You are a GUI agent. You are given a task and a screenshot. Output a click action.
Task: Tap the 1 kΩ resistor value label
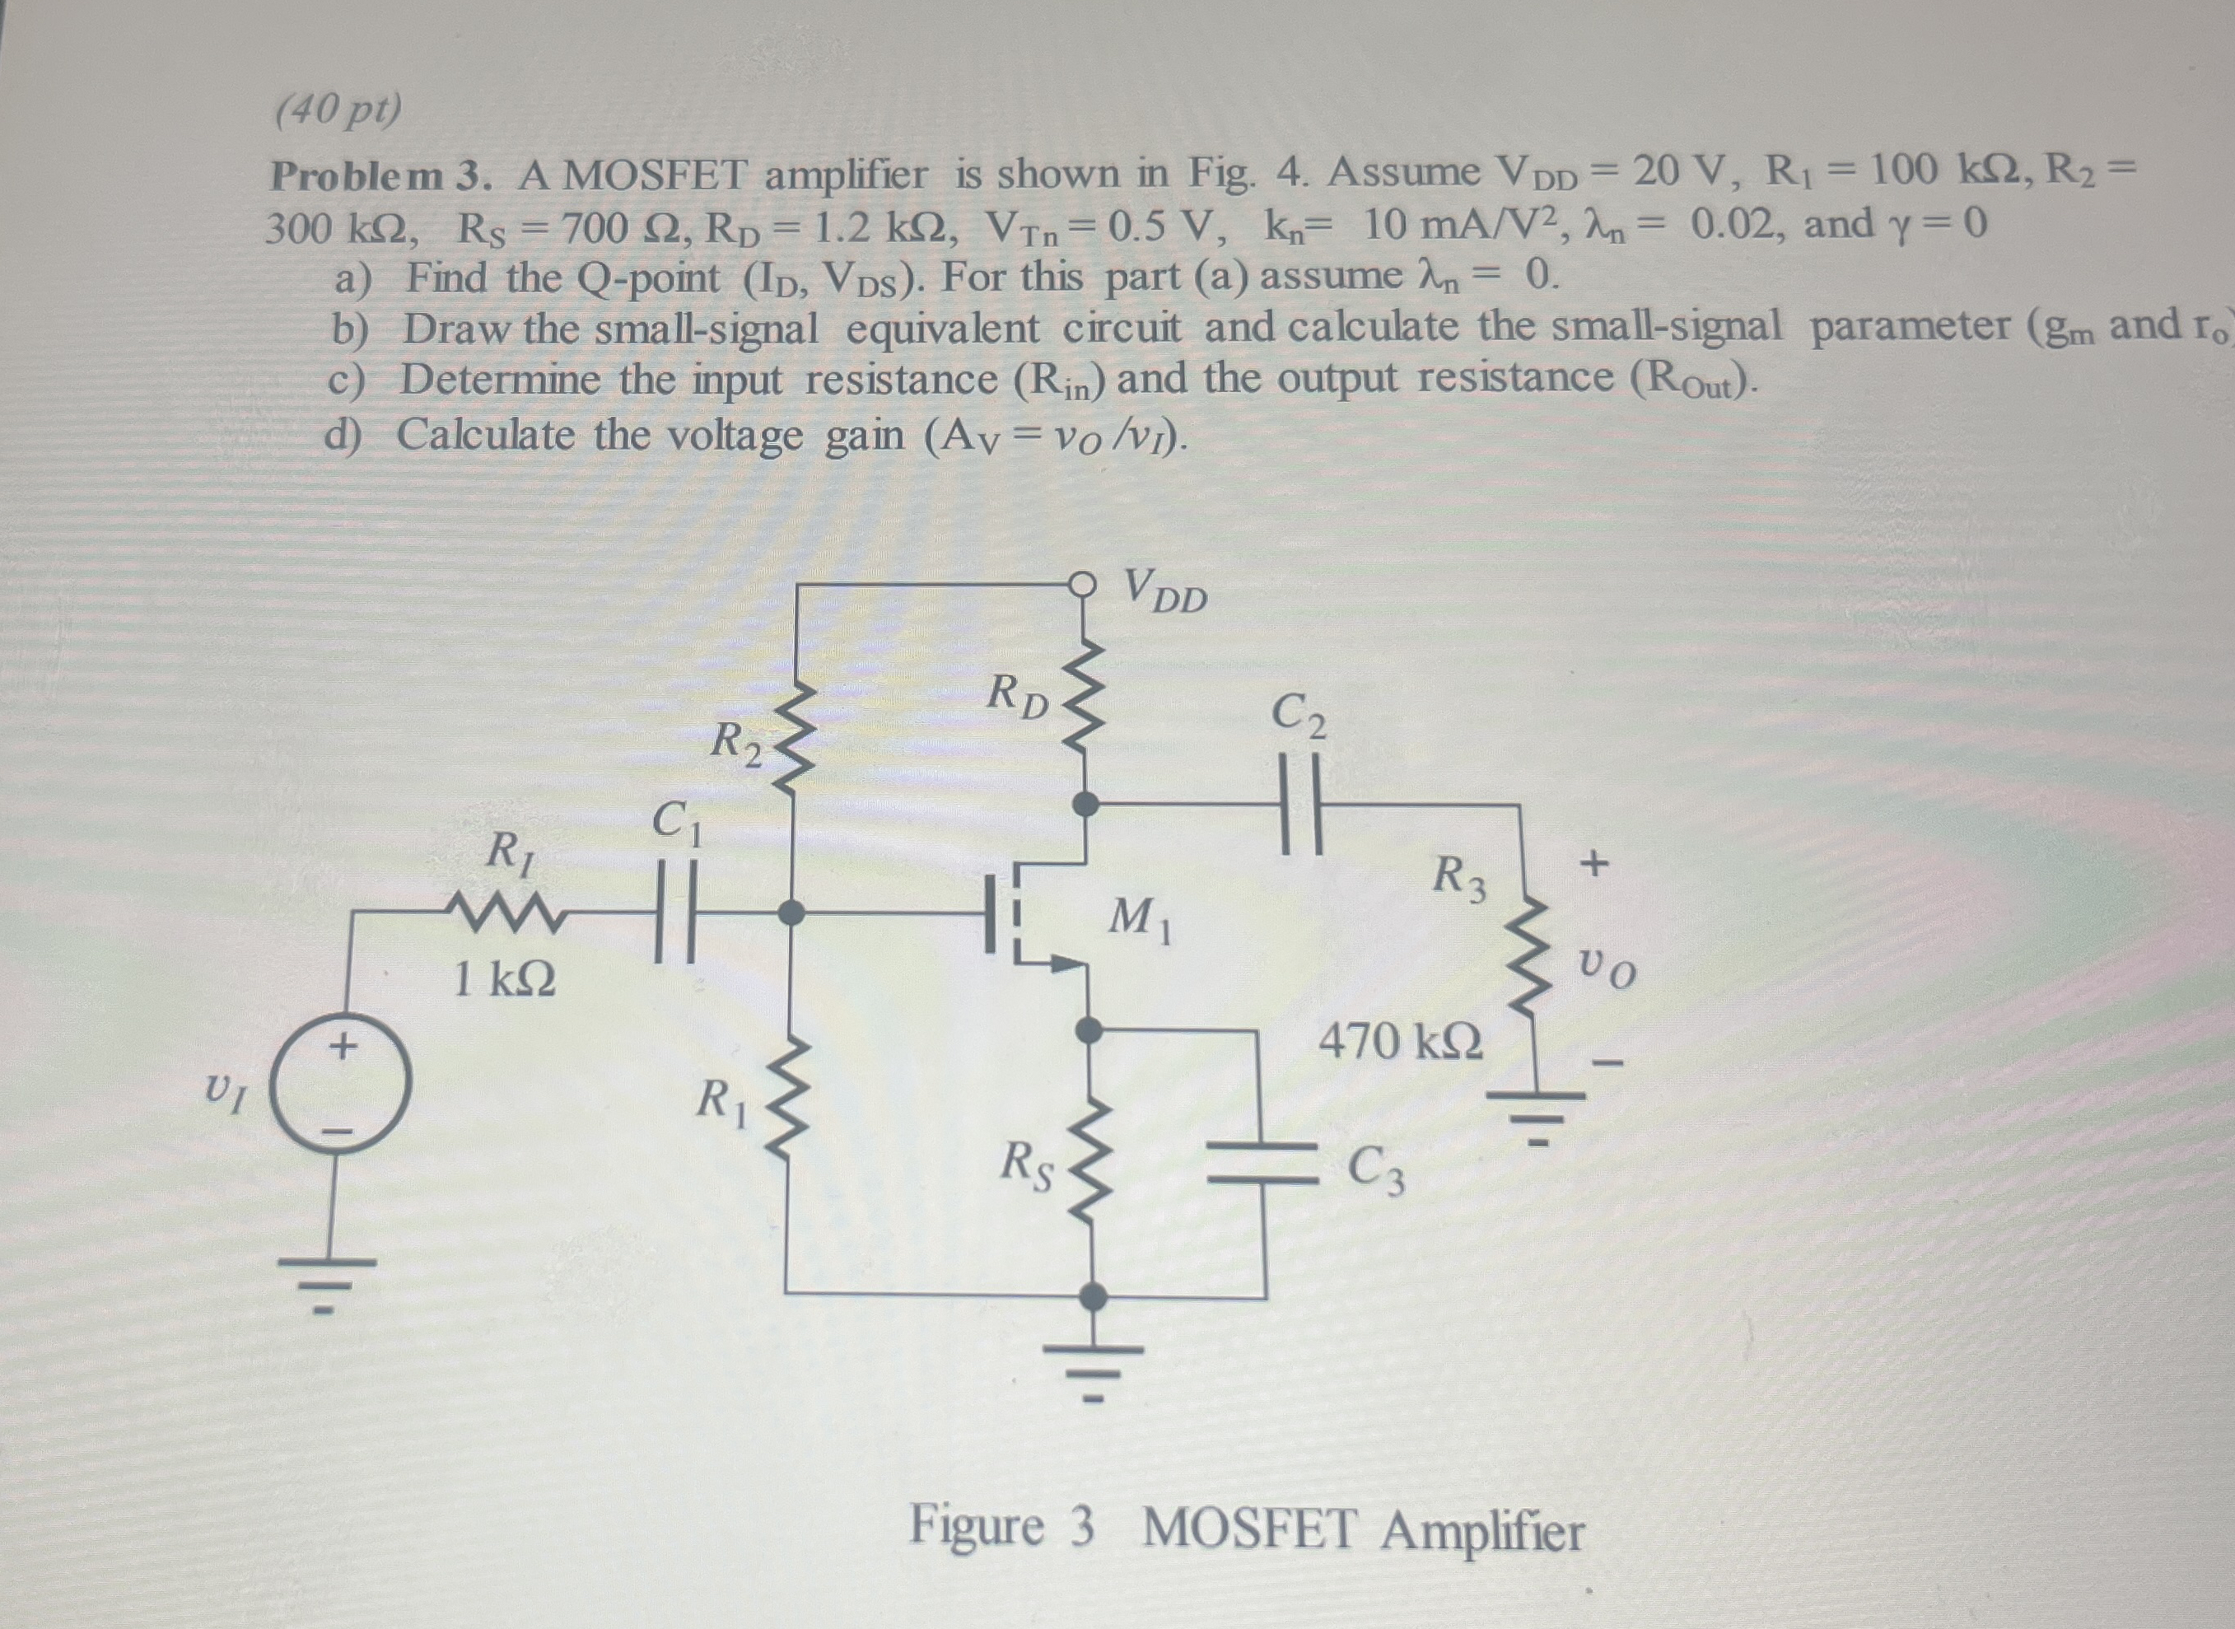504,980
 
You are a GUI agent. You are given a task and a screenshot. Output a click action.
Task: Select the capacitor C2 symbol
1300,804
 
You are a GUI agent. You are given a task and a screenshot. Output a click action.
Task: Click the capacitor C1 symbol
676,913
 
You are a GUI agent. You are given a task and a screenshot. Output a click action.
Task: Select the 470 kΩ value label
1399,1041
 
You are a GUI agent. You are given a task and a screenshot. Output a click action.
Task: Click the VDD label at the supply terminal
1165,591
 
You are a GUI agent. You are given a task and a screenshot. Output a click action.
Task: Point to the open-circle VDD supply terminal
1084,585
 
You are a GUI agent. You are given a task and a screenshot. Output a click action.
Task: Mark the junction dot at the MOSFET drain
1085,804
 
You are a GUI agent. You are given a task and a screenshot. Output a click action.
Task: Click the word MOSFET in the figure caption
1250,1529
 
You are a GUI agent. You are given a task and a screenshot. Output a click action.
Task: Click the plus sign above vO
1594,864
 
